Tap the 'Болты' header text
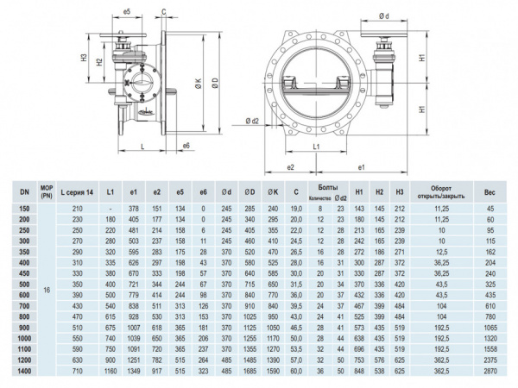[x=328, y=187]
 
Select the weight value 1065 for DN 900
[x=490, y=327]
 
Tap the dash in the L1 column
[x=109, y=209]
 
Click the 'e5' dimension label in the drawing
[x=127, y=13]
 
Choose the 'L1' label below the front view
[x=317, y=147]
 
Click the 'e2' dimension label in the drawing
[x=291, y=166]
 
